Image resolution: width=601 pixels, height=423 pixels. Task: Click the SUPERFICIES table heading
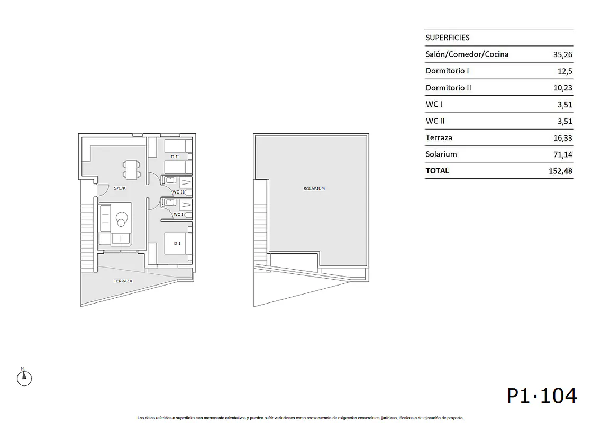447,38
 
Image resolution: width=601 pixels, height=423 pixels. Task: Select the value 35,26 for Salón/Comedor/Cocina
563,54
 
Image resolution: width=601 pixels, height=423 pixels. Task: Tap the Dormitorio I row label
447,71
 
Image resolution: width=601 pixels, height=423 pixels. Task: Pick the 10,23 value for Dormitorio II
563,88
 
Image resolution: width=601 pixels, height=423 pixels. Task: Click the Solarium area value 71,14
563,154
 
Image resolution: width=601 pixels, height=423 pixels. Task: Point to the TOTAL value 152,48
560,171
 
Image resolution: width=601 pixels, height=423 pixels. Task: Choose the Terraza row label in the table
439,137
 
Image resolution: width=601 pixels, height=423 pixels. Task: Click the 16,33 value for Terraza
563,138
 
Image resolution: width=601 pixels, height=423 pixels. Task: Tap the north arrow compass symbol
24,377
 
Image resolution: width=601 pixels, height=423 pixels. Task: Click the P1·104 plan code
542,396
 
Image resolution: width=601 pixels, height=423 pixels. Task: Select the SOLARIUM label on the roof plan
314,189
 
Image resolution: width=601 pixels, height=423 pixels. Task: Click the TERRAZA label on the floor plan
123,281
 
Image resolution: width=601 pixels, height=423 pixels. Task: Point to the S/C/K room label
120,188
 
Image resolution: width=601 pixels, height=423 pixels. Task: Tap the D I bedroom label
177,243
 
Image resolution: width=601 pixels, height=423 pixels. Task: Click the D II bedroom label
175,157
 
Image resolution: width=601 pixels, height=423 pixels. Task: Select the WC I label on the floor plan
178,214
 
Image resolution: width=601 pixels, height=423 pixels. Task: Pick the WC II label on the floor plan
178,192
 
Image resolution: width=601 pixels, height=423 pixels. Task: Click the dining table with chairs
131,170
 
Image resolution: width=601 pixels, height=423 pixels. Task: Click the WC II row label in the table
435,121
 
